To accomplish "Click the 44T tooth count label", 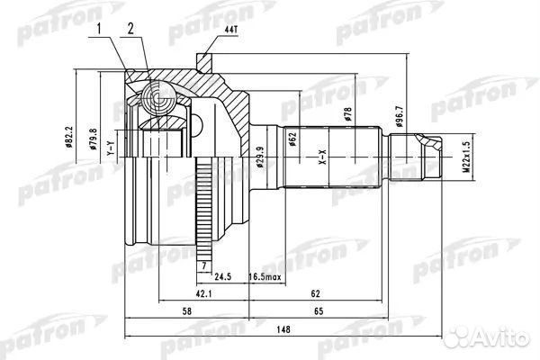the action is coord(231,30).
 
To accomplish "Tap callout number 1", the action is coord(99,29).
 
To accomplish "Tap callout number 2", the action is coord(130,29).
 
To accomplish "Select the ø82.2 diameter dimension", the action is coord(69,137).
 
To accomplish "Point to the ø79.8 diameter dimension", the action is coord(94,139).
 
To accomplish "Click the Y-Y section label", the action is coord(110,148).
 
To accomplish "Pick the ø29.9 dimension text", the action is coord(260,157).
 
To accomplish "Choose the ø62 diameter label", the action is coord(292,139).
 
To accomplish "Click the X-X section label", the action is coord(323,157).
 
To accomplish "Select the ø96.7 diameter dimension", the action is coord(400,116).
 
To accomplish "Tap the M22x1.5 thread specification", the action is coord(466,157).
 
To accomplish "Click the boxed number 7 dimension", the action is coord(204,265).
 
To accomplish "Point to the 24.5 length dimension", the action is coord(223,276).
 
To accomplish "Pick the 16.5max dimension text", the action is coord(265,276).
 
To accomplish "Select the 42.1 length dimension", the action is coord(203,293).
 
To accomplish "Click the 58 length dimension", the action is coord(186,311).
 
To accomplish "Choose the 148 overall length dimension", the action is coord(283,329).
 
